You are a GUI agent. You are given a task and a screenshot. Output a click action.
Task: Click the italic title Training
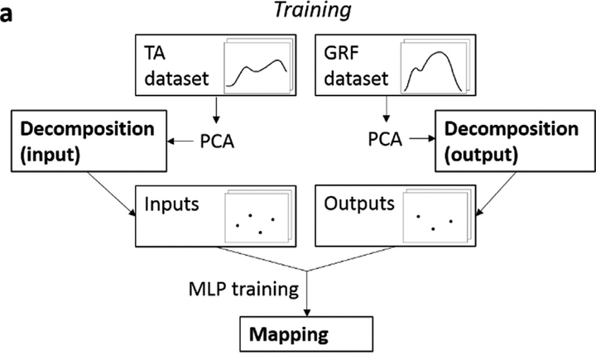coord(312,10)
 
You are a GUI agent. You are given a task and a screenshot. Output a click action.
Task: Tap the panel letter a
coord(6,14)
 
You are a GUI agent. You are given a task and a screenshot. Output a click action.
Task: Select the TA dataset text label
coord(177,65)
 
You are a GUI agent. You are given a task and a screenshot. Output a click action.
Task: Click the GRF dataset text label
coord(356,65)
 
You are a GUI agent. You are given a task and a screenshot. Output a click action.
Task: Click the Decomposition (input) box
coord(89,141)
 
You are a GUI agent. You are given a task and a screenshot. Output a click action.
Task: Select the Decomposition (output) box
coord(515,141)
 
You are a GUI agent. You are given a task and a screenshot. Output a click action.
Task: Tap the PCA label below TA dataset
coord(217,142)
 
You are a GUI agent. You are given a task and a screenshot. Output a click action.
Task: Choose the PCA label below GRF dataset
coord(385,139)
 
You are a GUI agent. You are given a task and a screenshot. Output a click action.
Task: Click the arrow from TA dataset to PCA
coord(216,110)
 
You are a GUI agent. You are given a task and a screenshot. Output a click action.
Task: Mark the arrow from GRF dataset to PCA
coord(387,109)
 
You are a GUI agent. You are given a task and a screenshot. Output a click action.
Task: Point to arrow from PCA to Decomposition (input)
coord(180,142)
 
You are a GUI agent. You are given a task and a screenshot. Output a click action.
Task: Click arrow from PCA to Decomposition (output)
coord(422,139)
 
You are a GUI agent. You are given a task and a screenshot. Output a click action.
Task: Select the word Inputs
coord(171,204)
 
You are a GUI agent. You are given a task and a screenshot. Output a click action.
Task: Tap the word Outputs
coord(358,204)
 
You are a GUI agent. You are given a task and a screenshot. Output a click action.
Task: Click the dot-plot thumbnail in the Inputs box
coord(257,216)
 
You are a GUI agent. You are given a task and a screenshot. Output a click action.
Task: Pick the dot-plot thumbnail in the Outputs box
coord(437,216)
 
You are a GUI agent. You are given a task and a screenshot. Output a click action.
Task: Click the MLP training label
coord(243,290)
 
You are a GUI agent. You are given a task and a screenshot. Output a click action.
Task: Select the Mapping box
coord(306,334)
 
